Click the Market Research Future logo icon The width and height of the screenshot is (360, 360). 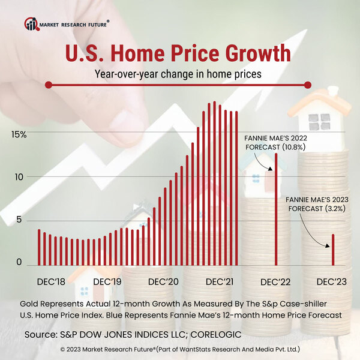coord(31,24)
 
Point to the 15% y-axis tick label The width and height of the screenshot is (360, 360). coord(19,134)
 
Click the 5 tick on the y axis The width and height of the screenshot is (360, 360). coord(20,220)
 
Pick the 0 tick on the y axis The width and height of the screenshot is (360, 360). coord(20,262)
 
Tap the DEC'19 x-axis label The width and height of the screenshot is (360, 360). coord(108,281)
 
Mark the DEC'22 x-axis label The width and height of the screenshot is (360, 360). coord(276,281)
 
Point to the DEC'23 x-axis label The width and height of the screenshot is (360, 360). coord(332,281)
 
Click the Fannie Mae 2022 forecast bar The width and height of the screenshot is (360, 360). coord(276,210)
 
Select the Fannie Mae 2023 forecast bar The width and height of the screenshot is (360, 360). coord(333,250)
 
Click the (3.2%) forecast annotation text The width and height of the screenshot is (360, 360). coord(322,208)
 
